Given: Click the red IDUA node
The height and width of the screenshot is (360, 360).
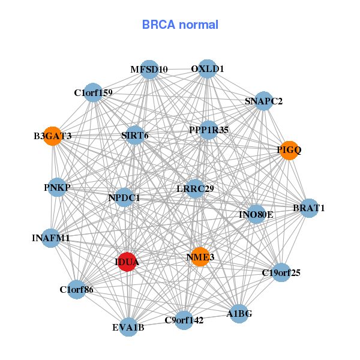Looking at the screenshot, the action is point(127,262).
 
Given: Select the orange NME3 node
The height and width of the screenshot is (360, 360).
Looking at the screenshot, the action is point(200,257).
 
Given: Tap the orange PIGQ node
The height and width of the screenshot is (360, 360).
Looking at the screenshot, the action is point(289,150).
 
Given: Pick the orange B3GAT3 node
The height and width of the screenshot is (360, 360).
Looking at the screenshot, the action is point(52,136).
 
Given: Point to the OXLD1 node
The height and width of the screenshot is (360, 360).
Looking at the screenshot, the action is point(207,68).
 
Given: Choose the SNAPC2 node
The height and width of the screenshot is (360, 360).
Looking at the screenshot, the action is point(263,101).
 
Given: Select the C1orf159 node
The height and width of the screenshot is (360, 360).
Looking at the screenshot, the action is point(93,92).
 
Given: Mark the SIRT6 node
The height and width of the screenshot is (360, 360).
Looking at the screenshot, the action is point(135,135).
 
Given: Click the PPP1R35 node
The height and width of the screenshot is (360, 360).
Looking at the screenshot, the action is point(208,130).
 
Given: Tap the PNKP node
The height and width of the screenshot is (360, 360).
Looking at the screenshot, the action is point(57,188).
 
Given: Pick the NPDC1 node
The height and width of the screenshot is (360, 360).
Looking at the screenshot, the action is point(124,197).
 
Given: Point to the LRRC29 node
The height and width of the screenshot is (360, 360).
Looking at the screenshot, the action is point(196,188).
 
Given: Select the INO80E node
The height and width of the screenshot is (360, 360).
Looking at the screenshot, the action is point(256,214).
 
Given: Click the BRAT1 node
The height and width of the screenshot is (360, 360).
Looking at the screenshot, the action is point(308,208).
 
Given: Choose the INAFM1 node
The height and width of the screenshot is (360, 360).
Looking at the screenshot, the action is point(51,238).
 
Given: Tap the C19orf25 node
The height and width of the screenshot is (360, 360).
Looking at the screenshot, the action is point(281,273).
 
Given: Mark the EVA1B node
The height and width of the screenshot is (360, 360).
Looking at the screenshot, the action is point(128,327).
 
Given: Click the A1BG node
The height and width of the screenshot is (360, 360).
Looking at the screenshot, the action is point(239,313).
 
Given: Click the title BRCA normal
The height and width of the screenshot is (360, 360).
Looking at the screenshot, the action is point(180,25).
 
